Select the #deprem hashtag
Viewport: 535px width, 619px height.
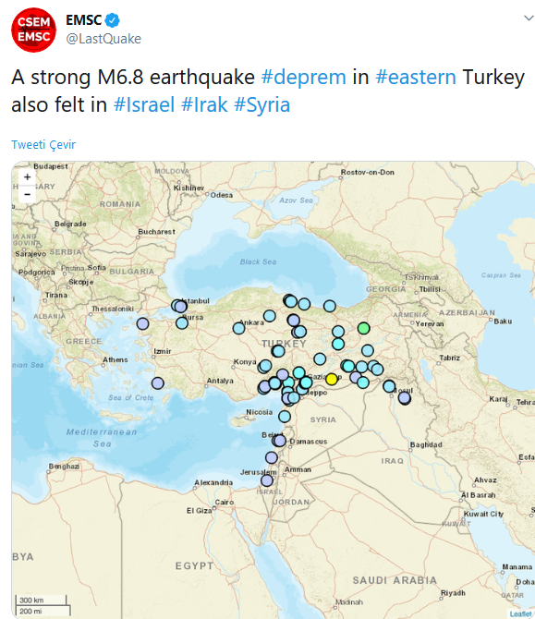(304, 78)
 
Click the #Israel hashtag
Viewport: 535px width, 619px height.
(144, 105)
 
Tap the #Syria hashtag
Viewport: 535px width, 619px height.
(262, 105)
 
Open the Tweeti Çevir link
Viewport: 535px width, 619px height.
(43, 145)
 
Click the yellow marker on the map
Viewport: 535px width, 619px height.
(331, 379)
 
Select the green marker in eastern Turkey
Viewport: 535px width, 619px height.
(363, 328)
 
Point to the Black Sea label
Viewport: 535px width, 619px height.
(257, 261)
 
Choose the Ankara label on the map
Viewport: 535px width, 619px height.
(251, 322)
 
